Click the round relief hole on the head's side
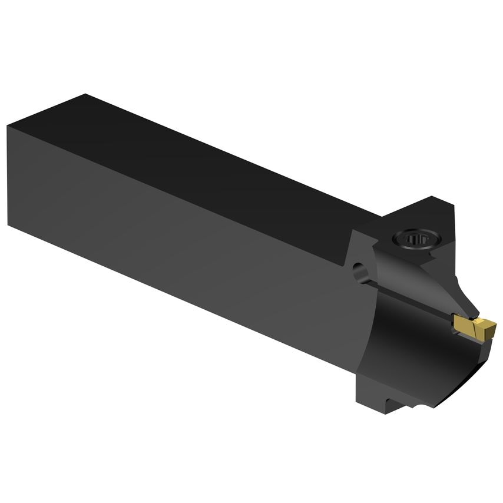pos(359,272)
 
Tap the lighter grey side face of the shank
pos(177,236)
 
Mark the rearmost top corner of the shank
pos(86,94)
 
